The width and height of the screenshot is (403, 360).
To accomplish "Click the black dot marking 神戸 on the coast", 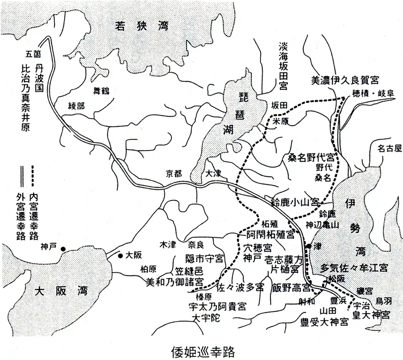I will coord(63,249).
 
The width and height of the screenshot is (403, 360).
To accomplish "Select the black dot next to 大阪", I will coord(120,255).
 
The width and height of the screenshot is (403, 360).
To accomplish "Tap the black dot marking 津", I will coord(308,246).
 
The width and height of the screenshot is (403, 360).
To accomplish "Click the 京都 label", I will coord(174,174).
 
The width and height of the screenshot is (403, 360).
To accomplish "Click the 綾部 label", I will coord(77,106).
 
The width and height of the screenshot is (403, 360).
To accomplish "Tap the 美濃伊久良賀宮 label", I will coord(345,80).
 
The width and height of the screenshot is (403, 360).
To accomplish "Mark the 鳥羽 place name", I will coord(383,300).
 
